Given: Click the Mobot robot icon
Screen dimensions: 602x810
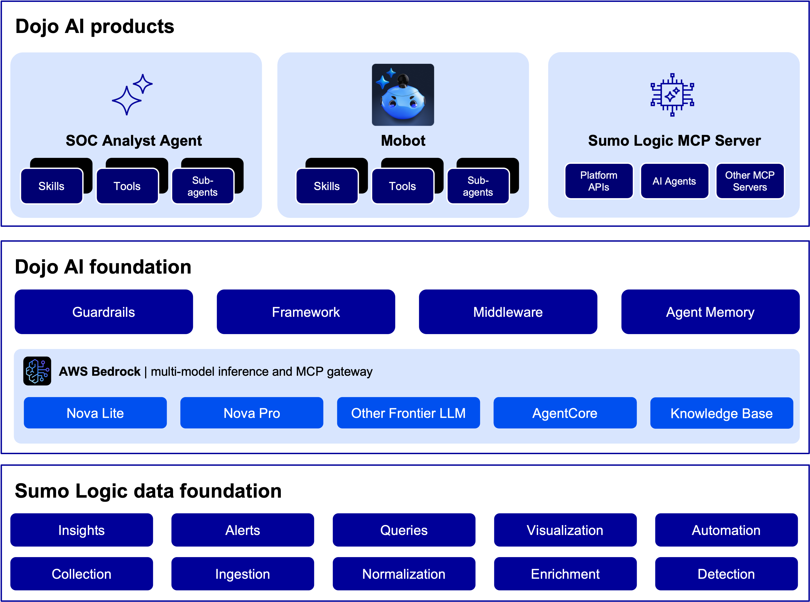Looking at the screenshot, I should click(403, 95).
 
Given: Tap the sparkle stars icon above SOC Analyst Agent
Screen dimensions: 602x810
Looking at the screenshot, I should click(132, 95).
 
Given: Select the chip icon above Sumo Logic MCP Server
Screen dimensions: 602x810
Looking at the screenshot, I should click(672, 95).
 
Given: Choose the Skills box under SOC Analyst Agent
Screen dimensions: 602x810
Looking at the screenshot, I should click(51, 186).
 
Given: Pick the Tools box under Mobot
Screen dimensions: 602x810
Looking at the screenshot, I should click(402, 186).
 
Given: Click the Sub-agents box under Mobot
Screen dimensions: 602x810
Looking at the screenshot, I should click(478, 186).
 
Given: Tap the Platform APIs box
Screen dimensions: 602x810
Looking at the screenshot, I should click(599, 181).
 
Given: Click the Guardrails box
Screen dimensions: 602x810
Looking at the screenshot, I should click(104, 312).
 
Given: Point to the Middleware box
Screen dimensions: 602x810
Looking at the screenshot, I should click(508, 312).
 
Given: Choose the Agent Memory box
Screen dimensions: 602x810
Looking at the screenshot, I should click(710, 312).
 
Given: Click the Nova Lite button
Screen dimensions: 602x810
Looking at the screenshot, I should click(95, 413).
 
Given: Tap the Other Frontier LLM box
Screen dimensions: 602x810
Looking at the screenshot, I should click(408, 413).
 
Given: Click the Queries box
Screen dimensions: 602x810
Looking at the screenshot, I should click(404, 530).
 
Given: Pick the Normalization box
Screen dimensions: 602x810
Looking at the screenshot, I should click(404, 574).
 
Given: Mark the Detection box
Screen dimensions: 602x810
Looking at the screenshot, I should click(726, 574).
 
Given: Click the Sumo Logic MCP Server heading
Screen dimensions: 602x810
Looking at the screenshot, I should click(674, 141).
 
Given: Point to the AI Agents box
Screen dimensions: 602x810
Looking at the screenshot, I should click(674, 181).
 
